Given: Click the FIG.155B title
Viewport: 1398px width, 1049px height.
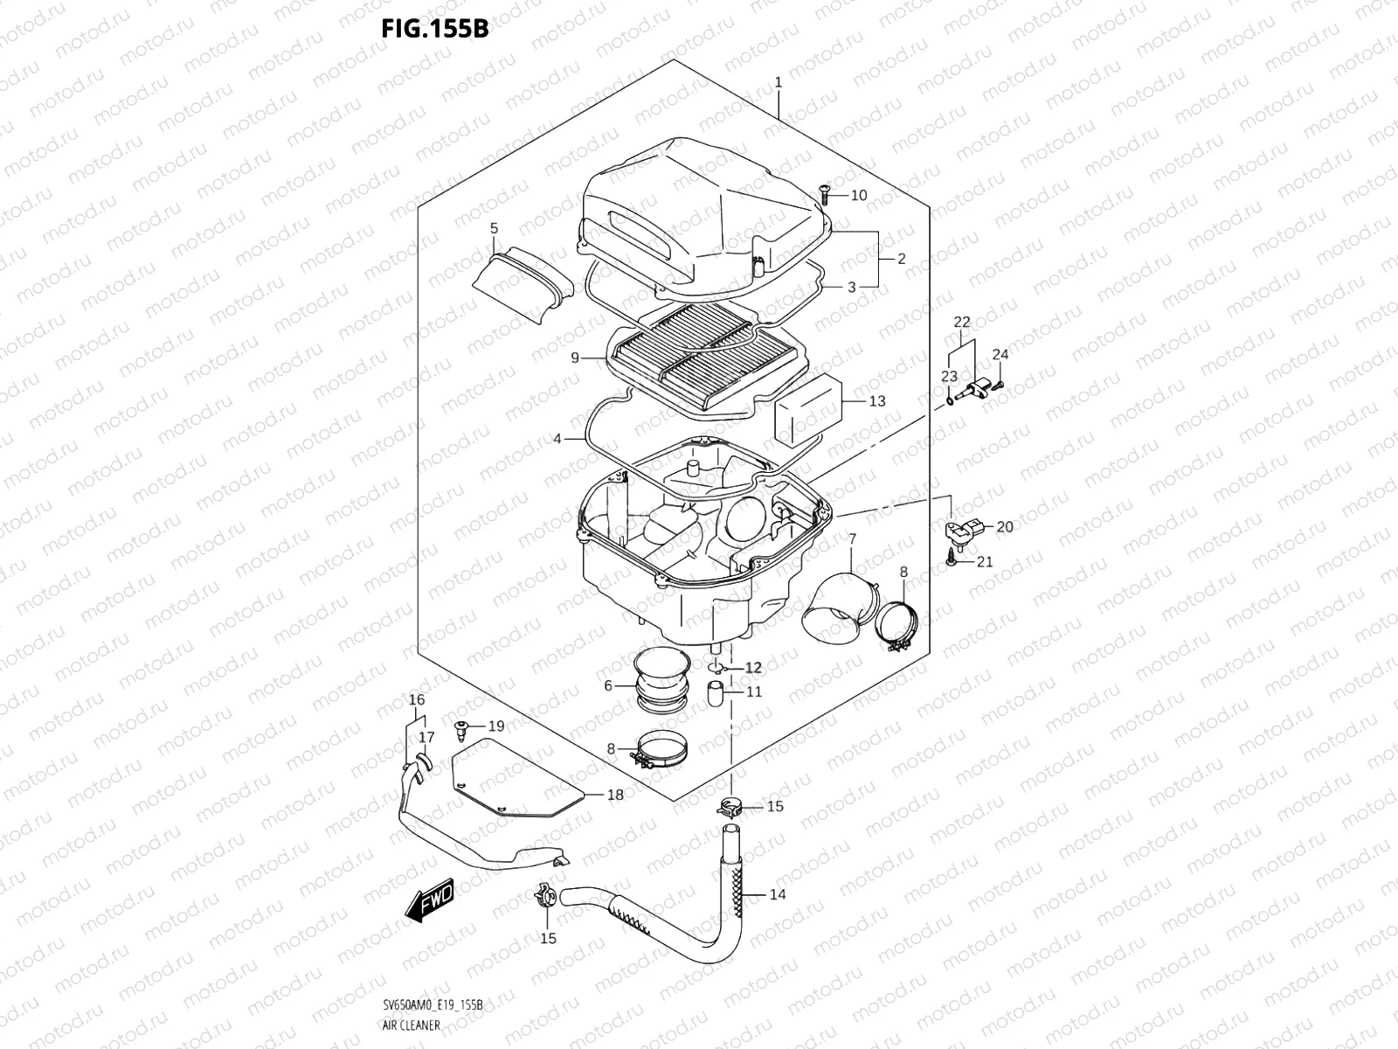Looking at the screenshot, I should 433,30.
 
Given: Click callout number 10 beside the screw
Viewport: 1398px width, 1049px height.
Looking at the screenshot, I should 858,195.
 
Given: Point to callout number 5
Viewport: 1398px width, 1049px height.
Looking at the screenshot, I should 494,229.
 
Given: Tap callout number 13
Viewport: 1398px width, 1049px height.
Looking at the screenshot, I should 876,401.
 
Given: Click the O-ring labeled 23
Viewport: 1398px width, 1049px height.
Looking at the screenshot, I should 949,400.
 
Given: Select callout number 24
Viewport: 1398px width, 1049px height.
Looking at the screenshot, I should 1000,354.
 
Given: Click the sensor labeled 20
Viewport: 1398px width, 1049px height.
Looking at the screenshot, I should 964,530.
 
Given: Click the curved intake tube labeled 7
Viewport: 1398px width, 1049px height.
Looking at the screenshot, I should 837,606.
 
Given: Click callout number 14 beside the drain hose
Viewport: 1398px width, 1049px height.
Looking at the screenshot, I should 778,894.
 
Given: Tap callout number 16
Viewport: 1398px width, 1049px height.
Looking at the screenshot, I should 417,700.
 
